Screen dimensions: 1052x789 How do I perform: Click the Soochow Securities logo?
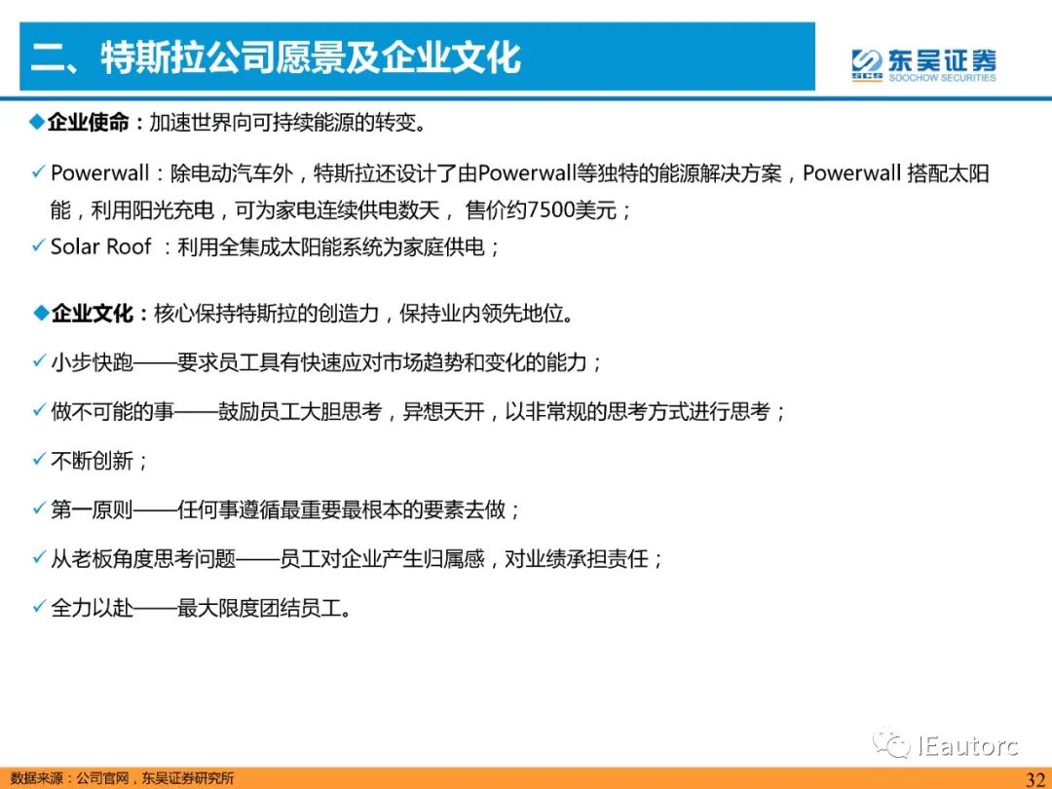pyautogui.click(x=923, y=65)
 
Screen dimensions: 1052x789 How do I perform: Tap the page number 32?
pyautogui.click(x=1035, y=778)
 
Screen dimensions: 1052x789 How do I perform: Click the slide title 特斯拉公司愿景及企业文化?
pyautogui.click(x=311, y=56)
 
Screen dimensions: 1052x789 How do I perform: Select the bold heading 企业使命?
pyautogui.click(x=88, y=123)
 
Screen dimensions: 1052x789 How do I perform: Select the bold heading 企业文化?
pyautogui.click(x=92, y=314)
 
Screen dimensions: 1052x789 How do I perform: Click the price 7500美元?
pyautogui.click(x=572, y=210)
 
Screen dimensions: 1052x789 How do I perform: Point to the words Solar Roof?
pyautogui.click(x=100, y=246)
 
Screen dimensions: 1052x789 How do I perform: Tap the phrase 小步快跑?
pyautogui.click(x=92, y=363)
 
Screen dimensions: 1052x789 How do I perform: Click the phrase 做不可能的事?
pyautogui.click(x=112, y=411)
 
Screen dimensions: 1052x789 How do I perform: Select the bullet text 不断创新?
pyautogui.click(x=92, y=461)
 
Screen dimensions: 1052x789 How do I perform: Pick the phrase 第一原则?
pyautogui.click(x=92, y=509)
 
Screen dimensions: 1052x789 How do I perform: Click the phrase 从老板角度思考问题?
pyautogui.click(x=143, y=559)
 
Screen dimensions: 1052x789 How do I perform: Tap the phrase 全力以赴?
pyautogui.click(x=92, y=609)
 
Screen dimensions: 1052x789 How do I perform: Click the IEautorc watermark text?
pyautogui.click(x=968, y=745)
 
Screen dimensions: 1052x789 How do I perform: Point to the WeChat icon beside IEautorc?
pyautogui.click(x=890, y=743)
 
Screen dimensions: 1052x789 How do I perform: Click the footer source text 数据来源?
pyautogui.click(x=37, y=779)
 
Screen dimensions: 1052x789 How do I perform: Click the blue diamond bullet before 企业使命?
pyautogui.click(x=38, y=122)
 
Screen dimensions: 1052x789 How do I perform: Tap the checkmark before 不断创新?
pyautogui.click(x=39, y=460)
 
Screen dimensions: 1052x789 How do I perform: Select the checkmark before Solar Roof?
pyautogui.click(x=39, y=245)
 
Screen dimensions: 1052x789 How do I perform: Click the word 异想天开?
pyautogui.click(x=443, y=411)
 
